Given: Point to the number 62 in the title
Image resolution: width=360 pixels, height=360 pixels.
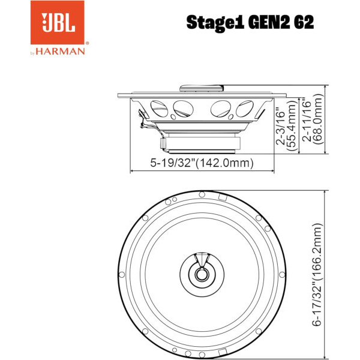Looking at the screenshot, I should pyautogui.click(x=302, y=23).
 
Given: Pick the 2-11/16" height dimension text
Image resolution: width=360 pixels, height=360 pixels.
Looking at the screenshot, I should pyautogui.click(x=308, y=120).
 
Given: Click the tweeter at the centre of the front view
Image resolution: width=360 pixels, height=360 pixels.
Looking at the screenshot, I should pyautogui.click(x=202, y=274).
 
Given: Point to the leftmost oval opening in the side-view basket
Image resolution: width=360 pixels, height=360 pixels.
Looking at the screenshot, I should pyautogui.click(x=159, y=109).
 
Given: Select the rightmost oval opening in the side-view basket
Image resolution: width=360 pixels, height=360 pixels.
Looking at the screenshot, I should pyautogui.click(x=245, y=109).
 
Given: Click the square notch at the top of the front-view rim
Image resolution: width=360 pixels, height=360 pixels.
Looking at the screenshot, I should pyautogui.click(x=222, y=196).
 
